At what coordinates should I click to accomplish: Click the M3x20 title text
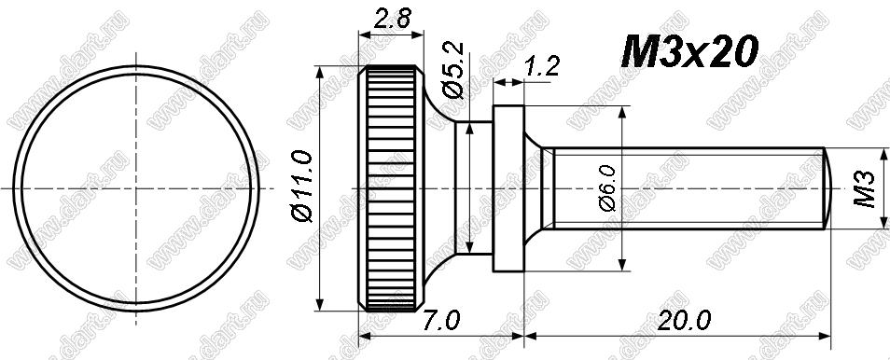(690, 51)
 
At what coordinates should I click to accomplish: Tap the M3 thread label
(866, 189)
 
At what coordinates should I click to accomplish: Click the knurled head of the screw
(391, 188)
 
